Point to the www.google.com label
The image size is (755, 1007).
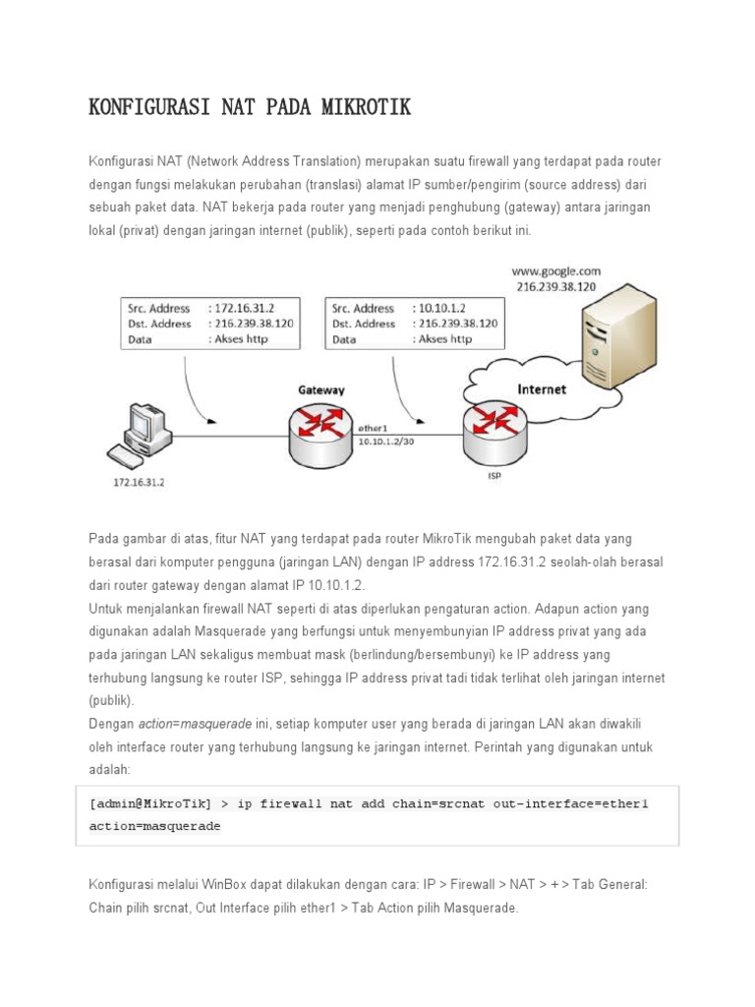pos(555,270)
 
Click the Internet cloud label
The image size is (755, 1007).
pos(542,388)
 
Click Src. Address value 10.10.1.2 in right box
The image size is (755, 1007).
pos(443,308)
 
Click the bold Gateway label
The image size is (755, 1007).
pos(321,389)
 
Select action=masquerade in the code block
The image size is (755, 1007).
pos(154,826)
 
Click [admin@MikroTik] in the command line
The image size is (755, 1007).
pos(150,803)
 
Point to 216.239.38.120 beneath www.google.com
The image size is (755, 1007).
pos(555,286)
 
